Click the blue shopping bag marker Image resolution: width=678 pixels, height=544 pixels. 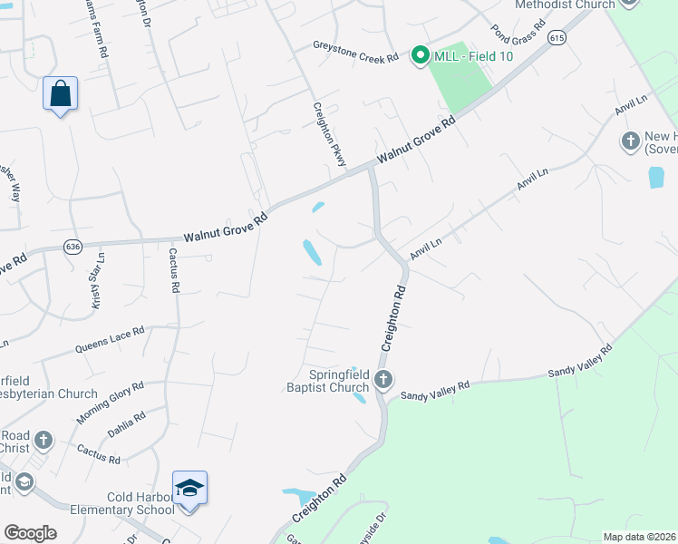tap(60, 93)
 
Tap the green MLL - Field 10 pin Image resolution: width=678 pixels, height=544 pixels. tap(421, 56)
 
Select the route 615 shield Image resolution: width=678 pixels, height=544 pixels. tap(557, 37)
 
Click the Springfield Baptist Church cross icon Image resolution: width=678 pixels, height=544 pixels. tap(383, 379)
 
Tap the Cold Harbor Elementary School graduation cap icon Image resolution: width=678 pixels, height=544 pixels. tap(189, 489)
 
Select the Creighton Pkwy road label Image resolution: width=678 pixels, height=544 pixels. tap(331, 131)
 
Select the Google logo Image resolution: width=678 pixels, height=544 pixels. tap(29, 533)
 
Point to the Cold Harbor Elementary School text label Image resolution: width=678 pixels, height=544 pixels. tap(115, 501)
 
